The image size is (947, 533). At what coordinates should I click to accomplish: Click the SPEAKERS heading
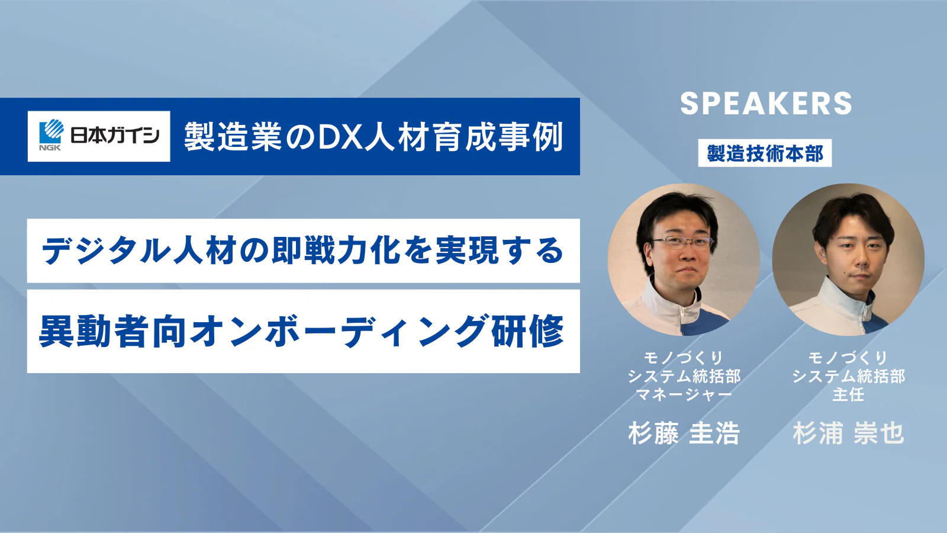[x=766, y=104]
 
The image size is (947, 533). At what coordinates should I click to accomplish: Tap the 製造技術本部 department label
[x=765, y=153]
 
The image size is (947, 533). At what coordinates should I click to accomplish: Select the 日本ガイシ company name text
[x=114, y=136]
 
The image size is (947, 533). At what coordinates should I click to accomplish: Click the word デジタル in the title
[x=105, y=251]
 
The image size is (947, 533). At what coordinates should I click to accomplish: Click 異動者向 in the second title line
[x=112, y=332]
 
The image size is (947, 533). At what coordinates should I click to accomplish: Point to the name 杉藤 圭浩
[x=684, y=434]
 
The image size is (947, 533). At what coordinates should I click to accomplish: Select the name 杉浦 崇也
[x=848, y=434]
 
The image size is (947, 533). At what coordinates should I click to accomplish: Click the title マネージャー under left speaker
[x=684, y=394]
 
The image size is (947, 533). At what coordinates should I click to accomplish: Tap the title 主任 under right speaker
[x=848, y=394]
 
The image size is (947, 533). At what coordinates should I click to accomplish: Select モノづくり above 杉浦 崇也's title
[x=848, y=358]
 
